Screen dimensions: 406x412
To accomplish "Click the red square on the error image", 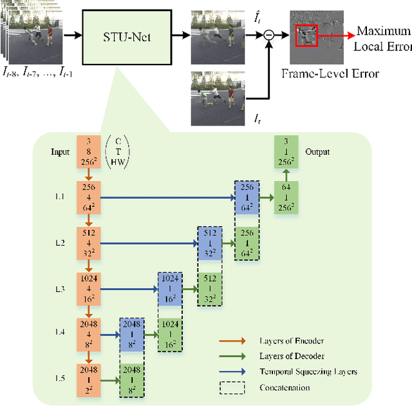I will point(306,35).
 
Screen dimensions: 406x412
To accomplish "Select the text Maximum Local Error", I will point(382,38).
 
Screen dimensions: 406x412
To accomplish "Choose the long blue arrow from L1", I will point(167,199).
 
